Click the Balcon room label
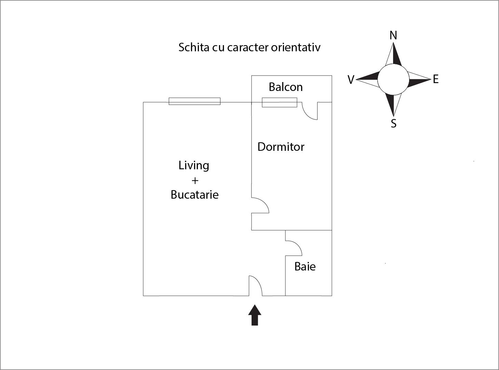[x=286, y=87]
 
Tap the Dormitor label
[x=281, y=147]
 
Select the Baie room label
[x=305, y=267]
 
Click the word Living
[x=194, y=166]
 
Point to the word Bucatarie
[x=194, y=195]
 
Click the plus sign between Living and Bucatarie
[x=195, y=181]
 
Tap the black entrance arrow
[x=255, y=315]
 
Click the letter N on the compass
[x=393, y=35]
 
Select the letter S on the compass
[x=393, y=124]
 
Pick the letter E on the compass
[x=436, y=79]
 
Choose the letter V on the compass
[x=351, y=80]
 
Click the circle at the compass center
[x=393, y=79]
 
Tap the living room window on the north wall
[x=194, y=101]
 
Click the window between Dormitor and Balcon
[x=280, y=102]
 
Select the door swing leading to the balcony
[x=310, y=111]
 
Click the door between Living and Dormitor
[x=260, y=205]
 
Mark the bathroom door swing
[x=294, y=248]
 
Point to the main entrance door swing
[x=256, y=286]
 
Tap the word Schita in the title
[x=194, y=47]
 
